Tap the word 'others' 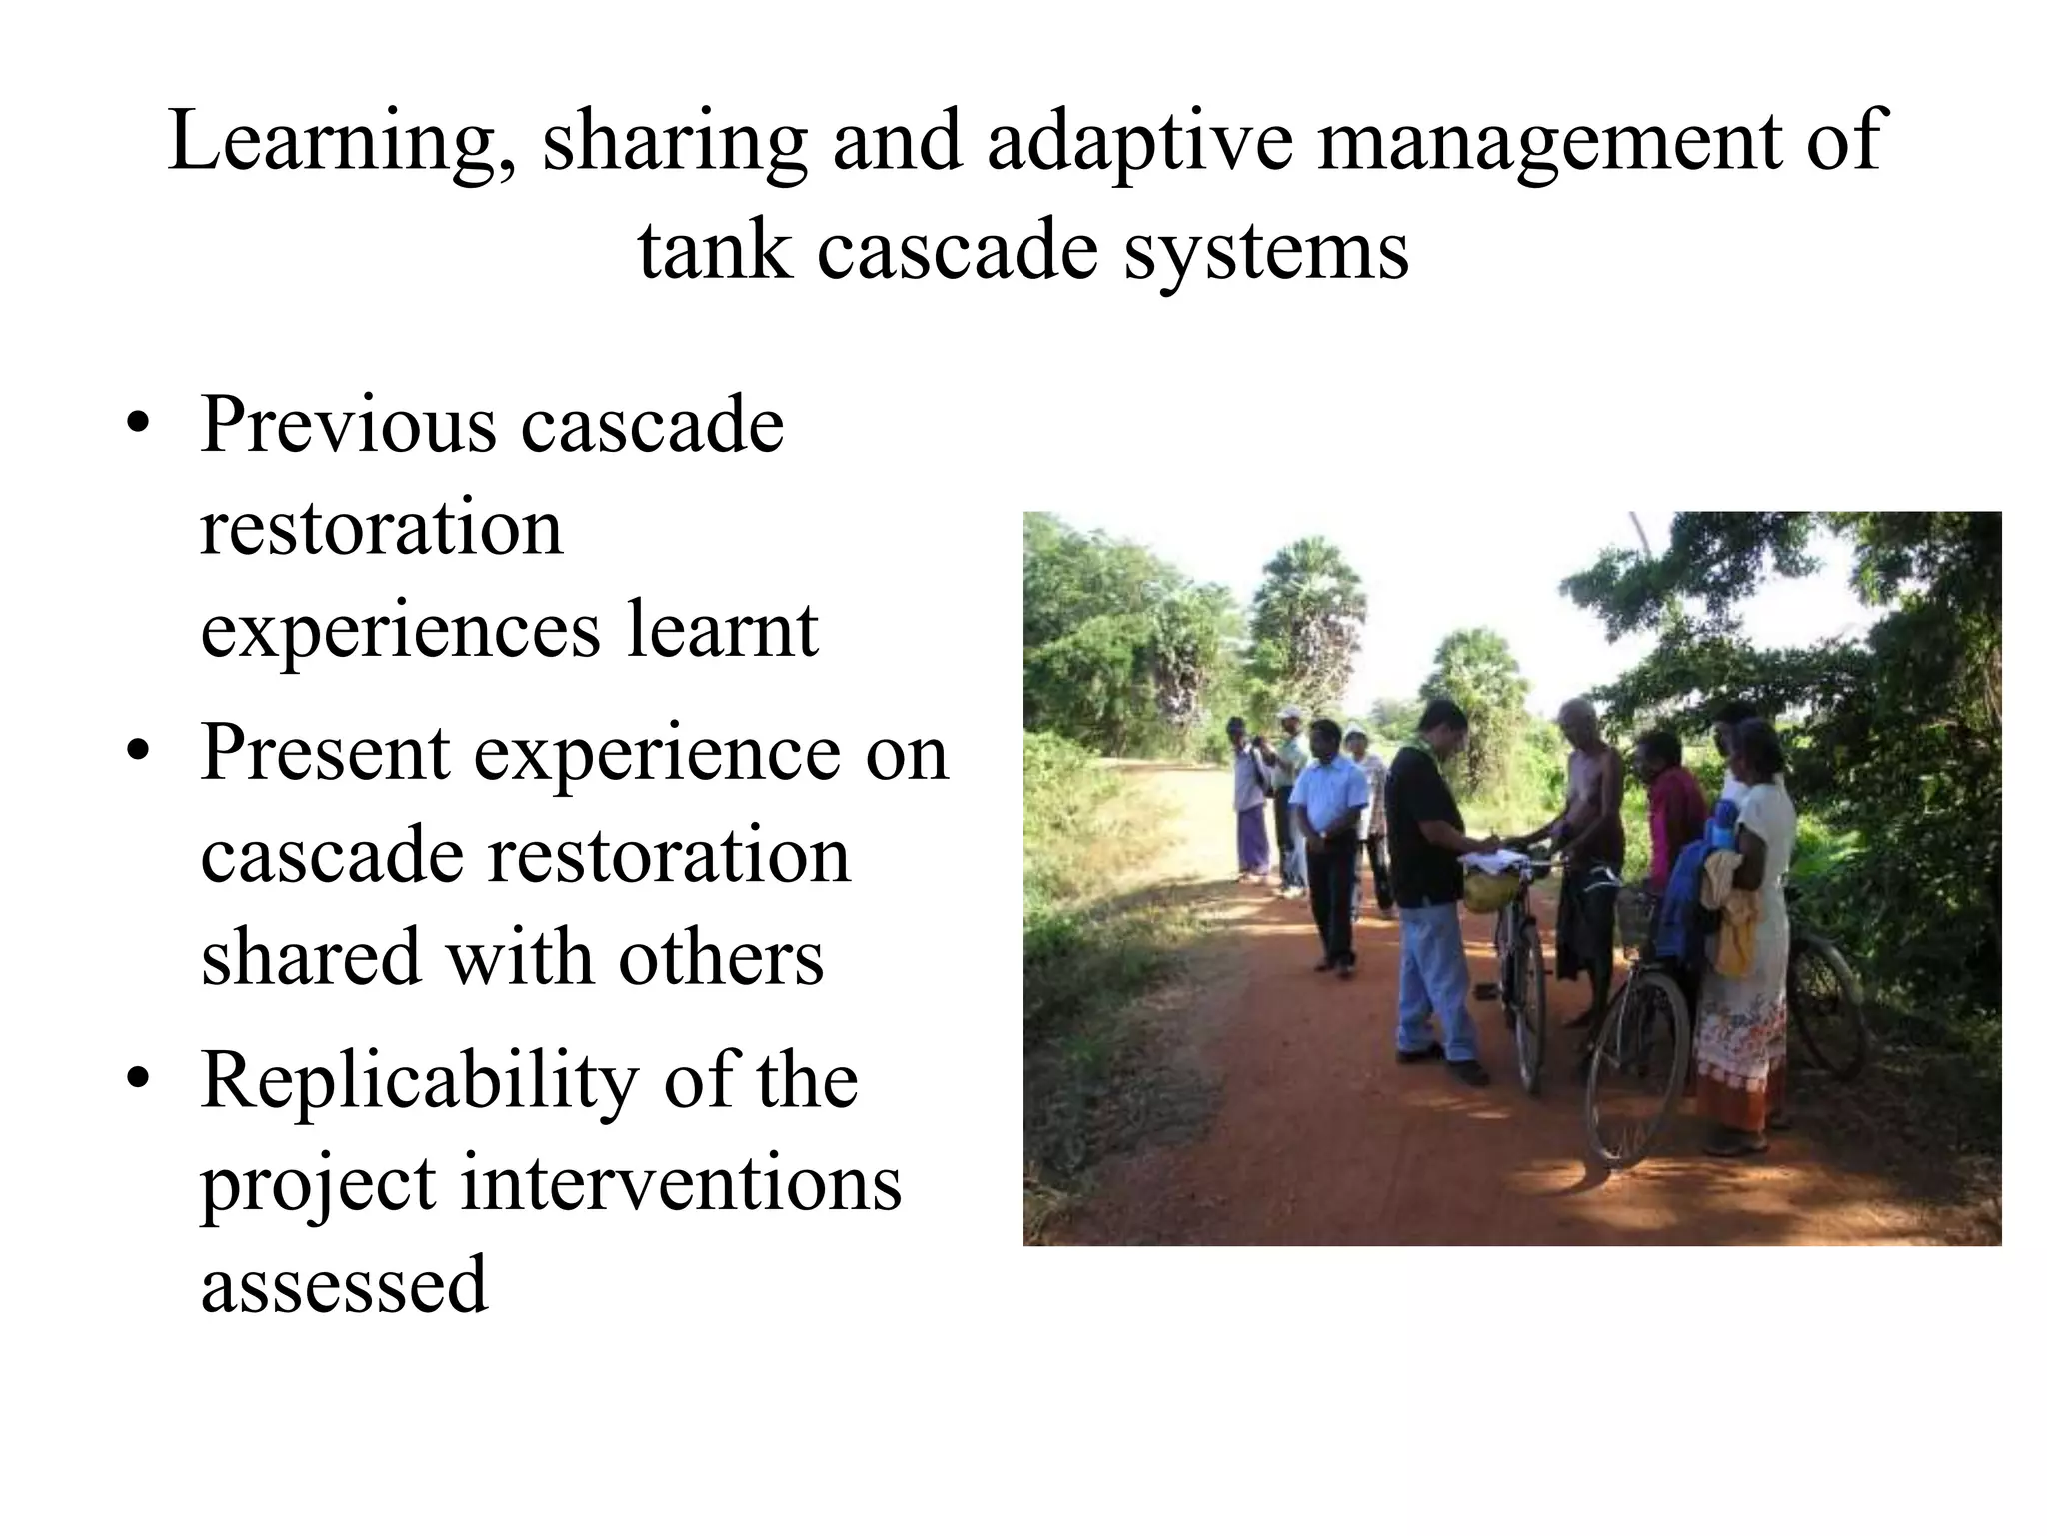pyautogui.click(x=721, y=957)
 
